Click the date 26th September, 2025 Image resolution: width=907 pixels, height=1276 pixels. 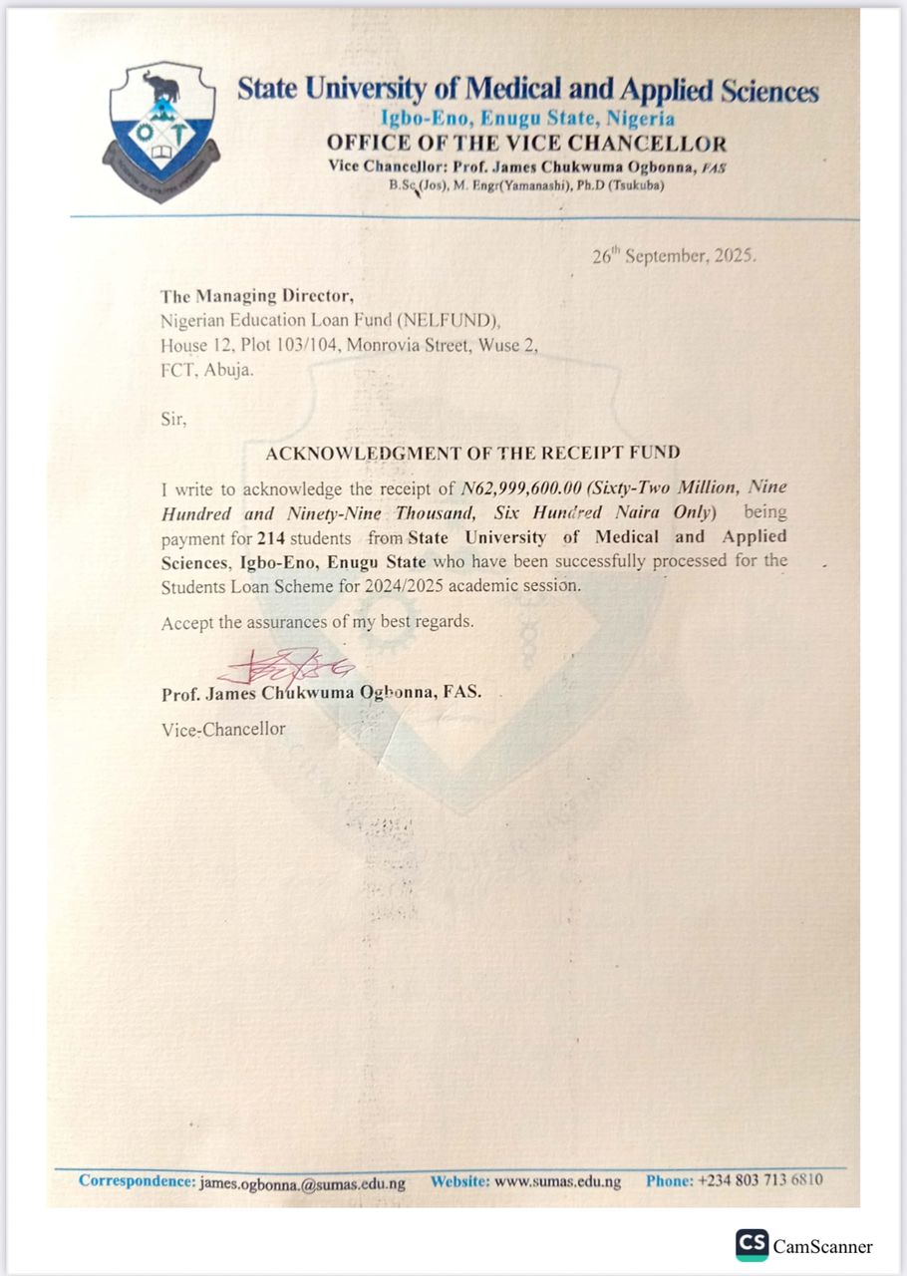click(674, 255)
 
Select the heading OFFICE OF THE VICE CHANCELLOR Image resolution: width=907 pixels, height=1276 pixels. click(527, 144)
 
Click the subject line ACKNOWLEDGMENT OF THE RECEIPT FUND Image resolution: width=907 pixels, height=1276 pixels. click(472, 453)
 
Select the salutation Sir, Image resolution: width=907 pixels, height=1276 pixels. click(173, 419)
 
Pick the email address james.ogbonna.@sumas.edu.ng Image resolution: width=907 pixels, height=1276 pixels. click(302, 1182)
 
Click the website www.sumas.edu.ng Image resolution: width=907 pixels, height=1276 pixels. click(557, 1182)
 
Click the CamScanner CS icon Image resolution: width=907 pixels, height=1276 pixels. click(752, 1245)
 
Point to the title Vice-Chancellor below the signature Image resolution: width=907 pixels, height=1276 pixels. click(223, 730)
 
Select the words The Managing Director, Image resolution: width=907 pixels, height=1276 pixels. click(257, 296)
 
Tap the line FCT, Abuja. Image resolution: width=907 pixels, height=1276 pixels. click(207, 369)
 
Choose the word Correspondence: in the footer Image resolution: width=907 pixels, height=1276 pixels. click(137, 1181)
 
